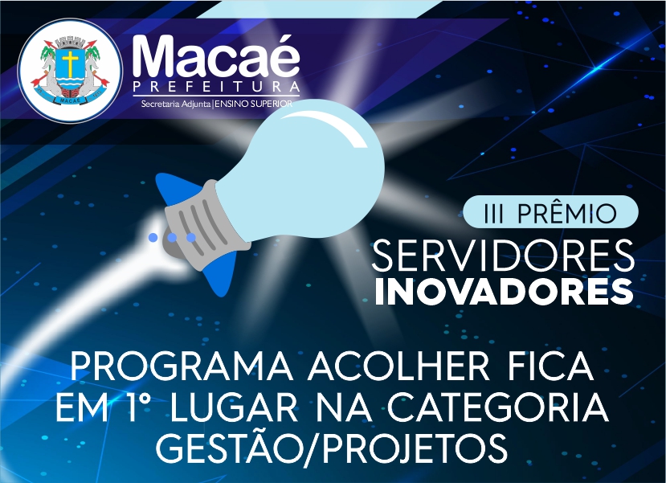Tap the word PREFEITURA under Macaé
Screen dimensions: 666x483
click(x=216, y=87)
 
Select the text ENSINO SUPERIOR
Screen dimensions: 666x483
click(x=254, y=104)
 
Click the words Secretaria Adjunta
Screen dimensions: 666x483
click(x=176, y=104)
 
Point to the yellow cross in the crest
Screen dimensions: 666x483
click(x=70, y=63)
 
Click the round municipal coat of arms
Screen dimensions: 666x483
click(x=70, y=71)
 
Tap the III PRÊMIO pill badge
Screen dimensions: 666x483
click(x=550, y=212)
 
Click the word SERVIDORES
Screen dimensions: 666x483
click(x=503, y=256)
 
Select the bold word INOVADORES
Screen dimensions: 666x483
click(x=505, y=292)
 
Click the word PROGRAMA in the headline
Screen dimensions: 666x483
click(x=182, y=367)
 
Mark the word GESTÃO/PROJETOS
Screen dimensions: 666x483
click(x=332, y=449)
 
